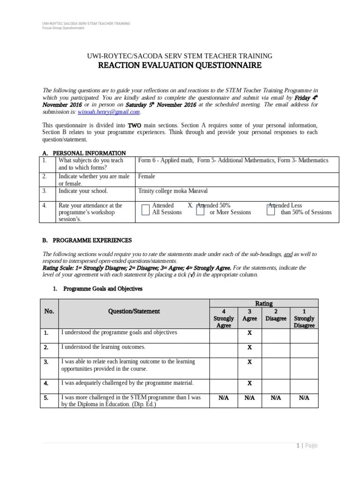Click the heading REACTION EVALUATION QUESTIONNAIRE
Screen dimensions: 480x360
180,66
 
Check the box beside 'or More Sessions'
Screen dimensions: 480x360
200,210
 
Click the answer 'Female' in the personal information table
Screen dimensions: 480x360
147,177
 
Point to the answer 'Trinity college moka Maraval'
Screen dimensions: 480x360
172,191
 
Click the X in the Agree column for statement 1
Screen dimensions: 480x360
249,333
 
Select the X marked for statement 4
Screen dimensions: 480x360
249,383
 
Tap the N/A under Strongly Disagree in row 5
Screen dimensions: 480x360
304,397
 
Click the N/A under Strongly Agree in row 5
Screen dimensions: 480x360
224,397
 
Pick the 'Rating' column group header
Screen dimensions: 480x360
263,304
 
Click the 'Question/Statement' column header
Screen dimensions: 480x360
134,311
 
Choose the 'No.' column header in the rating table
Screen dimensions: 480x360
49,311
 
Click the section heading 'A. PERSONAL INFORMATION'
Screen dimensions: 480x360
84,153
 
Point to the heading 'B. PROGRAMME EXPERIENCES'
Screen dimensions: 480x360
87,240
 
